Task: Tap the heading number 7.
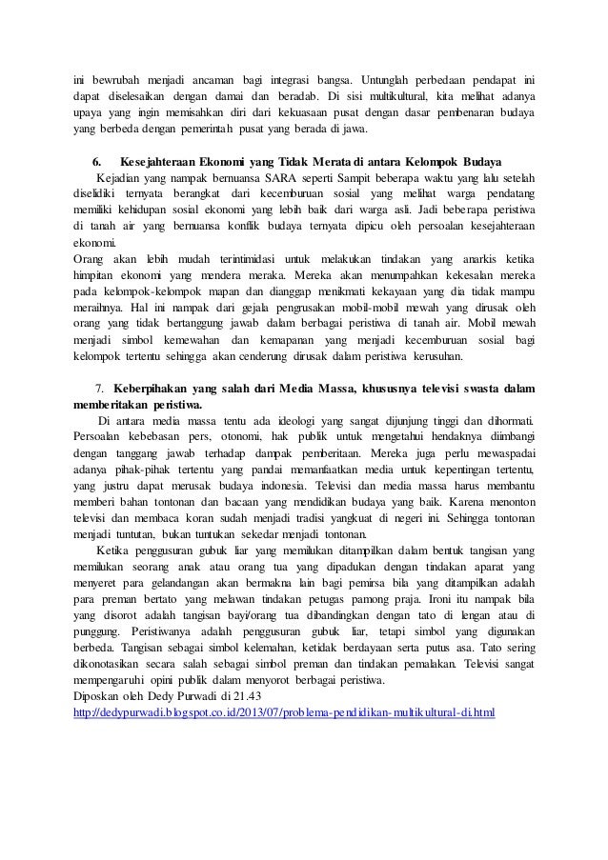pyautogui.click(x=99, y=389)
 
